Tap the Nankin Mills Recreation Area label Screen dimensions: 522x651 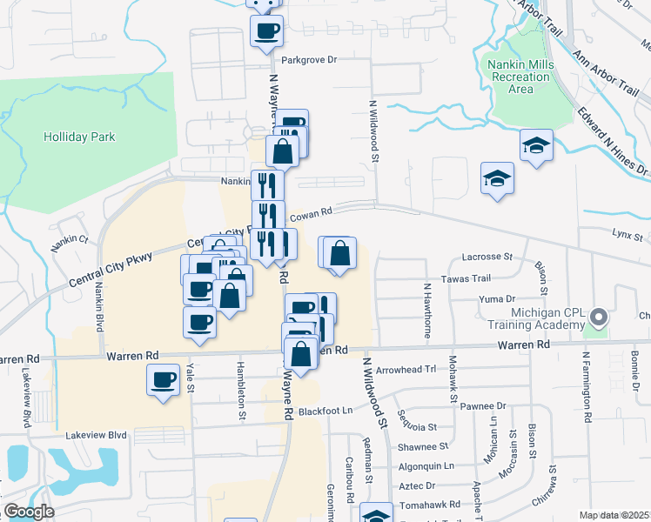click(x=520, y=77)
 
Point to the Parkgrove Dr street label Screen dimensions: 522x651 click(x=309, y=61)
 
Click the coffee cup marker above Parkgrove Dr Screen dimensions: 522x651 click(x=266, y=32)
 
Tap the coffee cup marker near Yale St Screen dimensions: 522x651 click(x=163, y=380)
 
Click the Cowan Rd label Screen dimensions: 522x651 click(x=312, y=212)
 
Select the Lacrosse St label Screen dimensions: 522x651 click(x=487, y=257)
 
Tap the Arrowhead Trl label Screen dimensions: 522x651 click(x=411, y=370)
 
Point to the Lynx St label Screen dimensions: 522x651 click(x=627, y=234)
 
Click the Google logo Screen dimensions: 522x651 click(x=29, y=512)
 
